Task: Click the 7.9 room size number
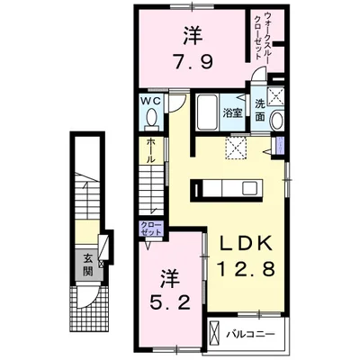[x=193, y=62]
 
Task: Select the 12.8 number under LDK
[x=246, y=268]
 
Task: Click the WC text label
[x=151, y=101]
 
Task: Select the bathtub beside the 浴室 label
[x=207, y=112]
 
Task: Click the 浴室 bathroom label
[x=232, y=113]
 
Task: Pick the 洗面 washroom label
[x=260, y=110]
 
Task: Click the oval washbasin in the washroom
[x=277, y=120]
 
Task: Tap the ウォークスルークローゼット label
[x=262, y=35]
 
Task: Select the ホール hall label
[x=150, y=151]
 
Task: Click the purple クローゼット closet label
[x=151, y=229]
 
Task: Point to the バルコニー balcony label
[x=250, y=334]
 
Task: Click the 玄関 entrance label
[x=88, y=265]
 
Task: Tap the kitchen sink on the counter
[x=249, y=188]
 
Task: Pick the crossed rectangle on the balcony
[x=215, y=334]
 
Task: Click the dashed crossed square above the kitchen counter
[x=236, y=148]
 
